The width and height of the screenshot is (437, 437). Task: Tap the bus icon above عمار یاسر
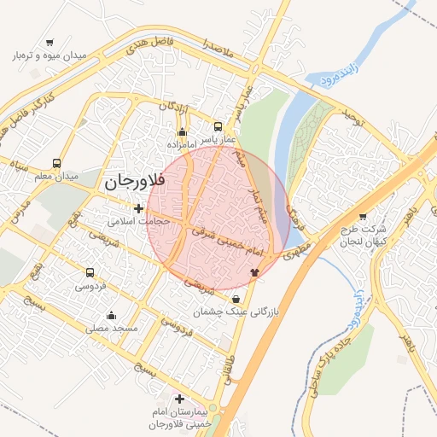pos(218,126)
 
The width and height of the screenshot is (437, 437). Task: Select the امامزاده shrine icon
pos(182,131)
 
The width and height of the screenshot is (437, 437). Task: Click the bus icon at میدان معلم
pos(57,163)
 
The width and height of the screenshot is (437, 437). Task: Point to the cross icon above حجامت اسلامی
pos(138,207)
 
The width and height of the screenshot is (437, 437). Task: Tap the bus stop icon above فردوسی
pos(90,273)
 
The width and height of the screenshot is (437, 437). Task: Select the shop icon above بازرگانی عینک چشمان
pos(236,299)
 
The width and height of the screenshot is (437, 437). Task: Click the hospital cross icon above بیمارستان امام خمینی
pos(179,399)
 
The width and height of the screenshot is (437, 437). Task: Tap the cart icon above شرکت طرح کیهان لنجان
pos(363,217)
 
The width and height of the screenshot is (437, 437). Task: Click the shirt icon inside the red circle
pos(253,271)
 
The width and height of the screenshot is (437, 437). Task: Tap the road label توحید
pos(353,119)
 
